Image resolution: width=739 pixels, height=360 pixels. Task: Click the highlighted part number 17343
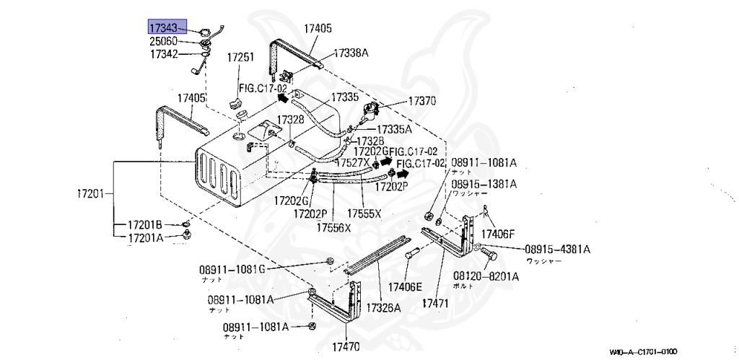coord(163,27)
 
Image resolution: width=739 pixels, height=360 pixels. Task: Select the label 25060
coord(163,41)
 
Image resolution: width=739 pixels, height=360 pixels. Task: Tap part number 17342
coord(163,54)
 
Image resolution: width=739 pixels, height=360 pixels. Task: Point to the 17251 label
coord(241,57)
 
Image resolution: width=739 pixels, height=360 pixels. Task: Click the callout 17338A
coord(351,53)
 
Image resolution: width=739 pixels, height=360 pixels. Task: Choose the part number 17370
coord(422,102)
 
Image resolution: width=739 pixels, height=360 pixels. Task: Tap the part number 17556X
coord(333,227)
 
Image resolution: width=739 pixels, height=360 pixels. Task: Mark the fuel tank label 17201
coord(92,193)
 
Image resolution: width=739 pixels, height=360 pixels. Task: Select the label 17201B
coord(145,224)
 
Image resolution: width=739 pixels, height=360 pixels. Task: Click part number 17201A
coord(145,238)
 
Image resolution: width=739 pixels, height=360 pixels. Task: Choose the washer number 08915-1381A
coord(484,185)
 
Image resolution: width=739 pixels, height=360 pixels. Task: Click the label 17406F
coord(498,233)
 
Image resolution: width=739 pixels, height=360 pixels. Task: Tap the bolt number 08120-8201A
coord(486,276)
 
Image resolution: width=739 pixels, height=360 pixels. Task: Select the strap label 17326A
coord(383,307)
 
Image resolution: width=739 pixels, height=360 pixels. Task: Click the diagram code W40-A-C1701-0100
coord(643,351)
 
